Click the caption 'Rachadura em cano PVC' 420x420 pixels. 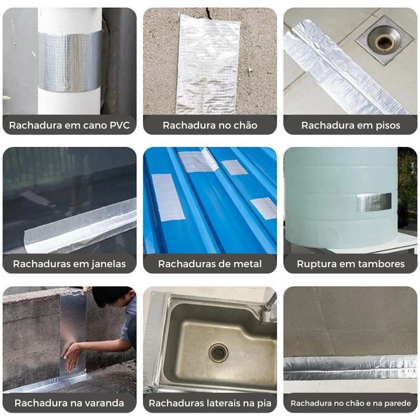coord(69,125)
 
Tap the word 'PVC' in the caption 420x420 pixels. coord(120,125)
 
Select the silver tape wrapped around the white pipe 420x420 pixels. coord(70,61)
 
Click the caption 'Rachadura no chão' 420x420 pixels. coord(210,125)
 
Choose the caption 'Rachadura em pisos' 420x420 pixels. coord(351,125)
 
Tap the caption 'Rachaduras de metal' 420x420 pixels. coord(210,264)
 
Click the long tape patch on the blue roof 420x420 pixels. coord(167,197)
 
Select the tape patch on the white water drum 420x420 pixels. coord(374,202)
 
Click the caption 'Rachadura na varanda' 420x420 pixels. coord(69,403)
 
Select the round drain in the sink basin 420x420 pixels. coord(218,353)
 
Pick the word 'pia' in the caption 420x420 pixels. coord(264,403)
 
